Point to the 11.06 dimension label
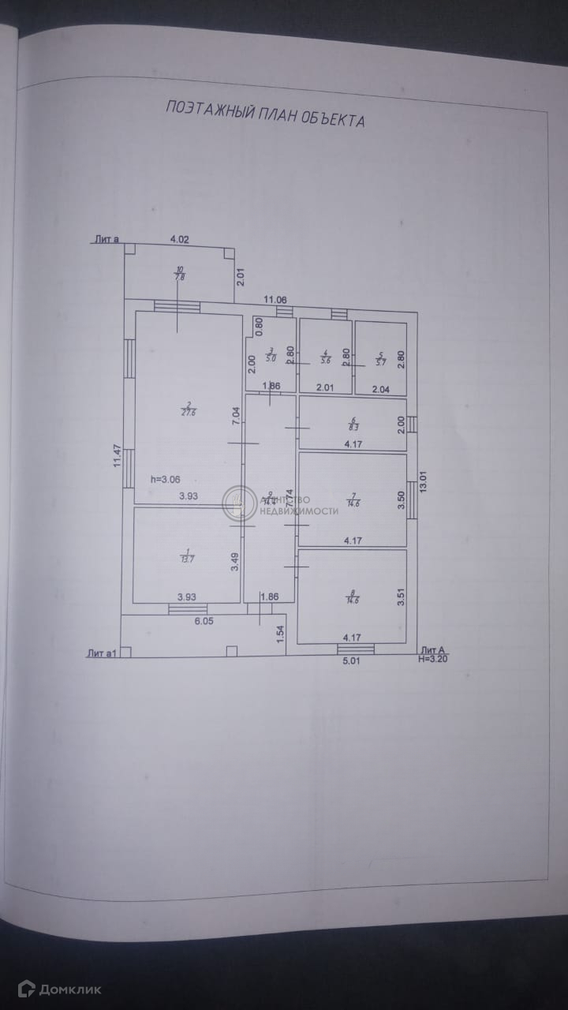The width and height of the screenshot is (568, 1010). pos(275,299)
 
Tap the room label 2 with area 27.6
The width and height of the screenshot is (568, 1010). pos(189,410)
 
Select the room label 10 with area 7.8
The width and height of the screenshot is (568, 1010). pos(179,273)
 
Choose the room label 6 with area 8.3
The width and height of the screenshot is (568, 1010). pos(353,424)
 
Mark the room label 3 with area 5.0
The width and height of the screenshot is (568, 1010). pos(271,355)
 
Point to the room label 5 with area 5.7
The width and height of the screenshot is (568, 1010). pos(380,359)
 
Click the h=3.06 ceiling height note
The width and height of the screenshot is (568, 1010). pos(166,479)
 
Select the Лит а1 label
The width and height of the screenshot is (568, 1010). pos(103,653)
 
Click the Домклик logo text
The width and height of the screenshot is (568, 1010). pos(71,989)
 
